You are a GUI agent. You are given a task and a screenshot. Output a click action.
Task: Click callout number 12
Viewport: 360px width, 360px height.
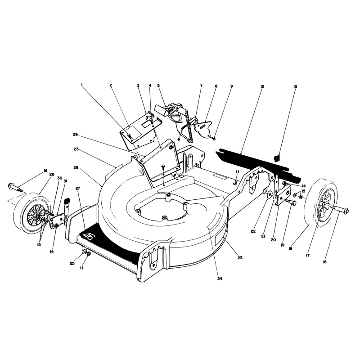coord(262,86)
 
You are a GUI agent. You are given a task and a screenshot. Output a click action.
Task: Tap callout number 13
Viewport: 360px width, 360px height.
coord(295,86)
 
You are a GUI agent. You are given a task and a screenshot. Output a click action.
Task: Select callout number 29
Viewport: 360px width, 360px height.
coord(75,135)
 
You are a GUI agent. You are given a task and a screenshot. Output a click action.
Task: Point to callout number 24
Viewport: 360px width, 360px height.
coord(220,279)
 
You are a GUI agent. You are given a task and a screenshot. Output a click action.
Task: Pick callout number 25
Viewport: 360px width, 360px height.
coord(72,263)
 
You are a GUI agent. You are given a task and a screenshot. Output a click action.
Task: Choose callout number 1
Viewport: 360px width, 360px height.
coord(82,85)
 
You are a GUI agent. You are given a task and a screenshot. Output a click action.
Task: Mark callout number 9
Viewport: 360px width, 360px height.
coord(231,86)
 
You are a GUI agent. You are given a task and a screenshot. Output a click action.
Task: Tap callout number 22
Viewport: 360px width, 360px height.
coord(253,231)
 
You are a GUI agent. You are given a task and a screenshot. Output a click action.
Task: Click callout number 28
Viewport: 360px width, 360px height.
coord(76,167)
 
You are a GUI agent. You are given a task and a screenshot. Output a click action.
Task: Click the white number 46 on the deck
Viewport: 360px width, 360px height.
coord(88,236)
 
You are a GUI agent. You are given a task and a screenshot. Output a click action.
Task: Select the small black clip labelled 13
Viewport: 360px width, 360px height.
coord(277,158)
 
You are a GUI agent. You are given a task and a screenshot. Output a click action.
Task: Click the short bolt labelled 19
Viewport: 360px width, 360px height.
coord(291,202)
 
